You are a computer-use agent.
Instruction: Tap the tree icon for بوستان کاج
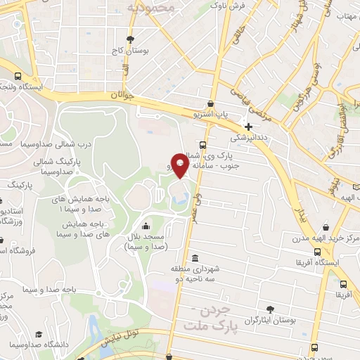click(x=130, y=39)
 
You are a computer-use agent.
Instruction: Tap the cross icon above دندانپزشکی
click(x=249, y=127)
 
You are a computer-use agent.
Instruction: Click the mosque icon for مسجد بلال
click(x=145, y=226)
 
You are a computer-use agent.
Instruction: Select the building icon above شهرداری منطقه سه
click(x=195, y=258)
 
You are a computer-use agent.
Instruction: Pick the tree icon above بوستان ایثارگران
click(x=271, y=309)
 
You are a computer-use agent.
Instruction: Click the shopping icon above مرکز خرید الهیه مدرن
click(x=327, y=227)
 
